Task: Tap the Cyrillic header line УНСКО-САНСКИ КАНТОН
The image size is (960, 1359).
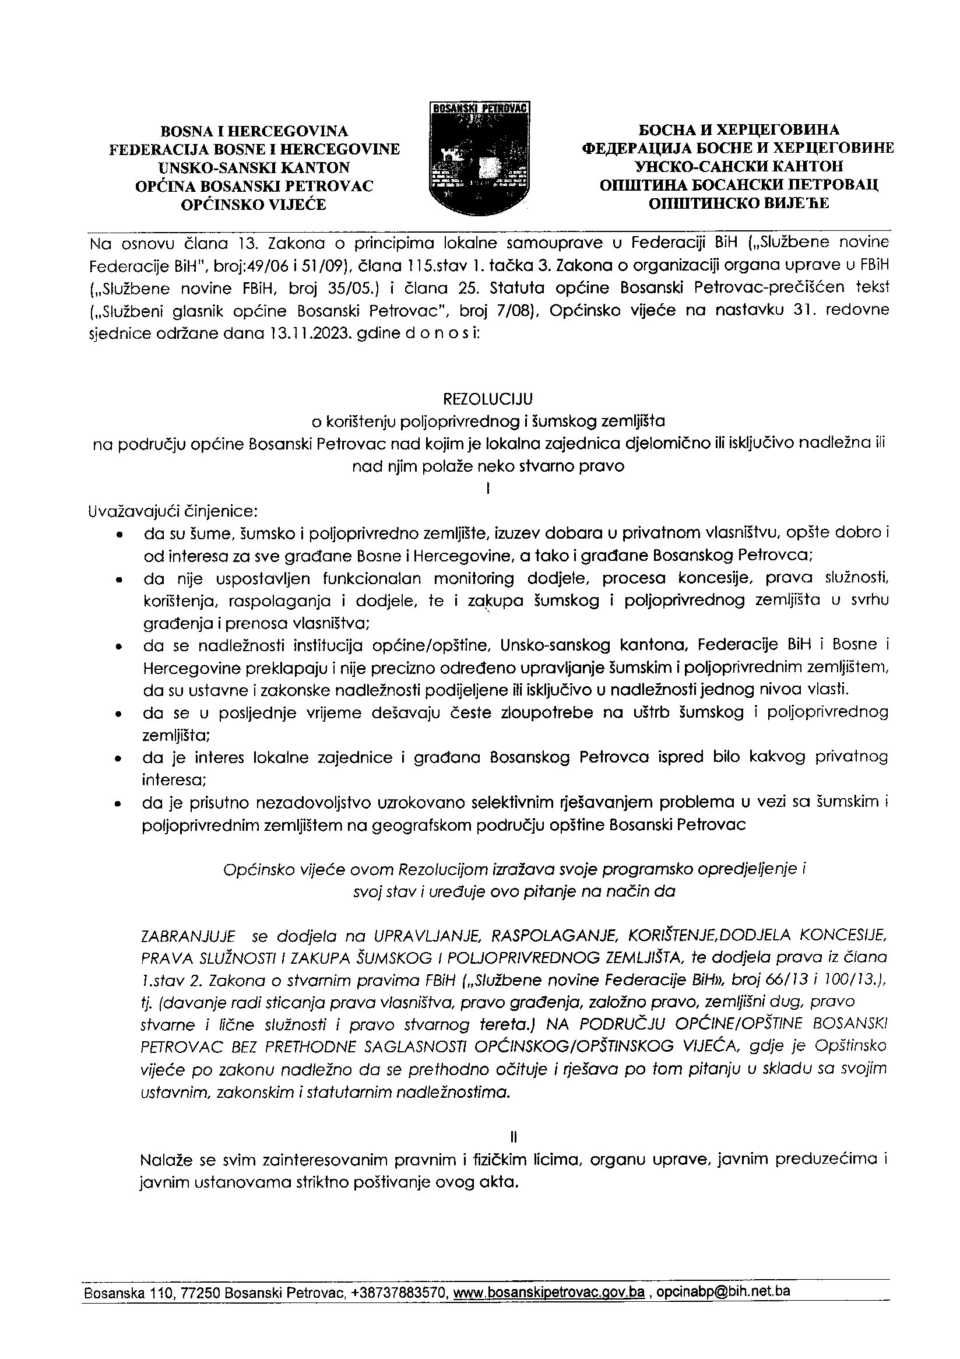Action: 739,166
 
